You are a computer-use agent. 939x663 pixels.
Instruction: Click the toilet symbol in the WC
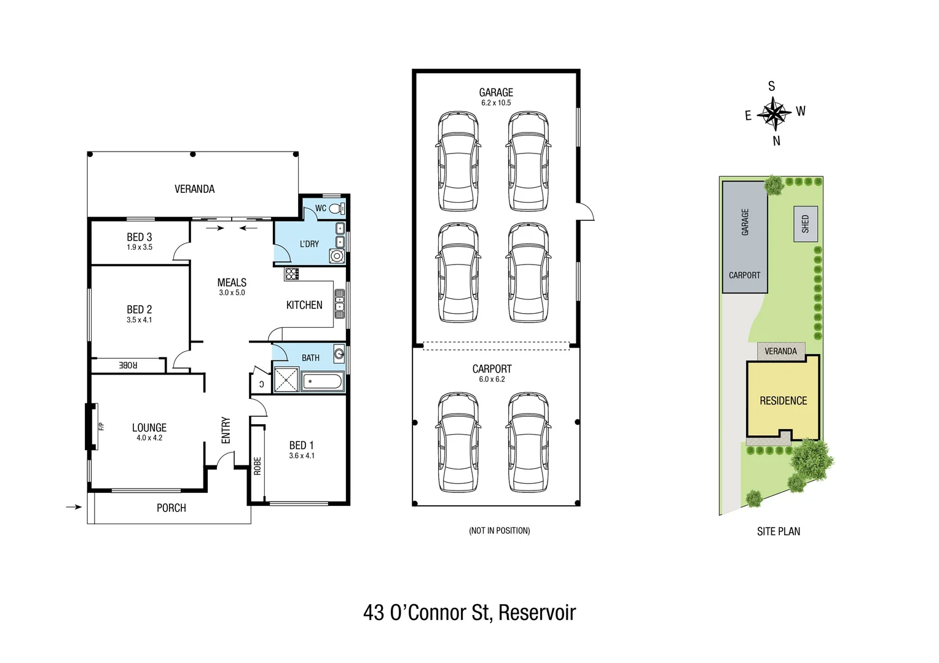(336, 209)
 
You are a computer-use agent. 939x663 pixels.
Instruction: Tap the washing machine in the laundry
(337, 256)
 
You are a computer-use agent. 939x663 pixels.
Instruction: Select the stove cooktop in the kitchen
(292, 274)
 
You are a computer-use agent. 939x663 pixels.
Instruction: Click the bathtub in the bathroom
(322, 381)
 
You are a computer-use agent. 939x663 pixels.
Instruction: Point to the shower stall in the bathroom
(286, 379)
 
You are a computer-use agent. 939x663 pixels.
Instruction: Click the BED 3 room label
(139, 237)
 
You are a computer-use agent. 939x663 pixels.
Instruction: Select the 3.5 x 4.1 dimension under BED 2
(139, 320)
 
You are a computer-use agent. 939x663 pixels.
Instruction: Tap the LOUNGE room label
(149, 427)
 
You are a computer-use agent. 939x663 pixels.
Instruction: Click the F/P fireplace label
(102, 426)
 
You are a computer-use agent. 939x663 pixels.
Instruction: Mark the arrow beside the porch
(74, 507)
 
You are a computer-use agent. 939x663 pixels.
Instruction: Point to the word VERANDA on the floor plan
(194, 189)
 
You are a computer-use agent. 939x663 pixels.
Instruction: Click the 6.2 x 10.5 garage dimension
(496, 103)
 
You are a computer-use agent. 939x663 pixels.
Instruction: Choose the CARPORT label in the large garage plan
(492, 369)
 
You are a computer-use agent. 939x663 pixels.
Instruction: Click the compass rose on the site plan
(774, 114)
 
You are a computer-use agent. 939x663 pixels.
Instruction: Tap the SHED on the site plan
(806, 223)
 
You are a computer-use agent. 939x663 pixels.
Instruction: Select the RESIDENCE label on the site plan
(783, 401)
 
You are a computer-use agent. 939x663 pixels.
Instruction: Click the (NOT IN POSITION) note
(499, 530)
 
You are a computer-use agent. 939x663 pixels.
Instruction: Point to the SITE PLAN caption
(778, 532)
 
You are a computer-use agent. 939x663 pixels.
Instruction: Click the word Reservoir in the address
(537, 613)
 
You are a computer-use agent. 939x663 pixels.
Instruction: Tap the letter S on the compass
(772, 87)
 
